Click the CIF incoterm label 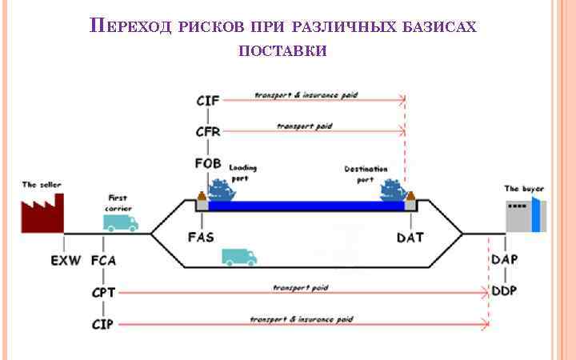208,101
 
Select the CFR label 208,132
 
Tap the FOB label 208,164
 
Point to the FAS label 201,238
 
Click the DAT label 410,238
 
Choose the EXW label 66,261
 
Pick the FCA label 104,261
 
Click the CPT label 104,292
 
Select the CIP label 104,324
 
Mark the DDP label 504,290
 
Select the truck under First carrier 119,222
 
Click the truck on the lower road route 239,257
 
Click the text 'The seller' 42,185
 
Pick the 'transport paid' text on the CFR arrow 304,126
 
